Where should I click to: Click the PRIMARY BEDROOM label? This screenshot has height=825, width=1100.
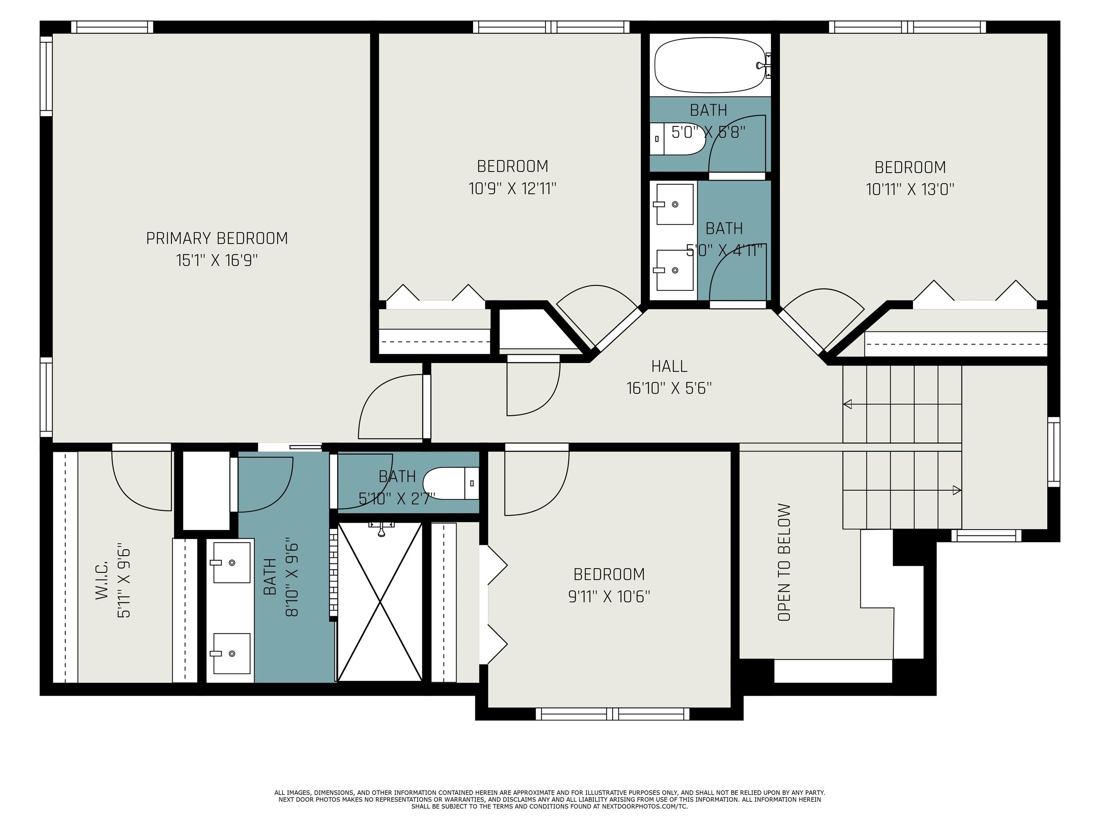[x=217, y=239]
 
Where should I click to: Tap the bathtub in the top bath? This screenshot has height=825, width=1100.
[x=710, y=66]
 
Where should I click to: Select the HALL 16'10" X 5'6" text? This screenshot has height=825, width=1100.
[x=669, y=377]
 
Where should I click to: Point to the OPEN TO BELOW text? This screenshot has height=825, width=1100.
[x=784, y=563]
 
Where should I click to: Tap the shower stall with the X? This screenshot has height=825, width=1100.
[x=380, y=602]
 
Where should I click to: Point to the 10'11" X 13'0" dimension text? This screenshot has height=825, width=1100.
[x=910, y=189]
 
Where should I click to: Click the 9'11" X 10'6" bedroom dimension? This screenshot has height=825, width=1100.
[x=609, y=596]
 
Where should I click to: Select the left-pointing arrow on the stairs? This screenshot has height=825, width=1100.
[x=847, y=404]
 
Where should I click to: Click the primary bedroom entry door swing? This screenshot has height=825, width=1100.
[x=390, y=408]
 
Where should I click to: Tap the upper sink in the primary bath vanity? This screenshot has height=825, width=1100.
[x=232, y=563]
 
